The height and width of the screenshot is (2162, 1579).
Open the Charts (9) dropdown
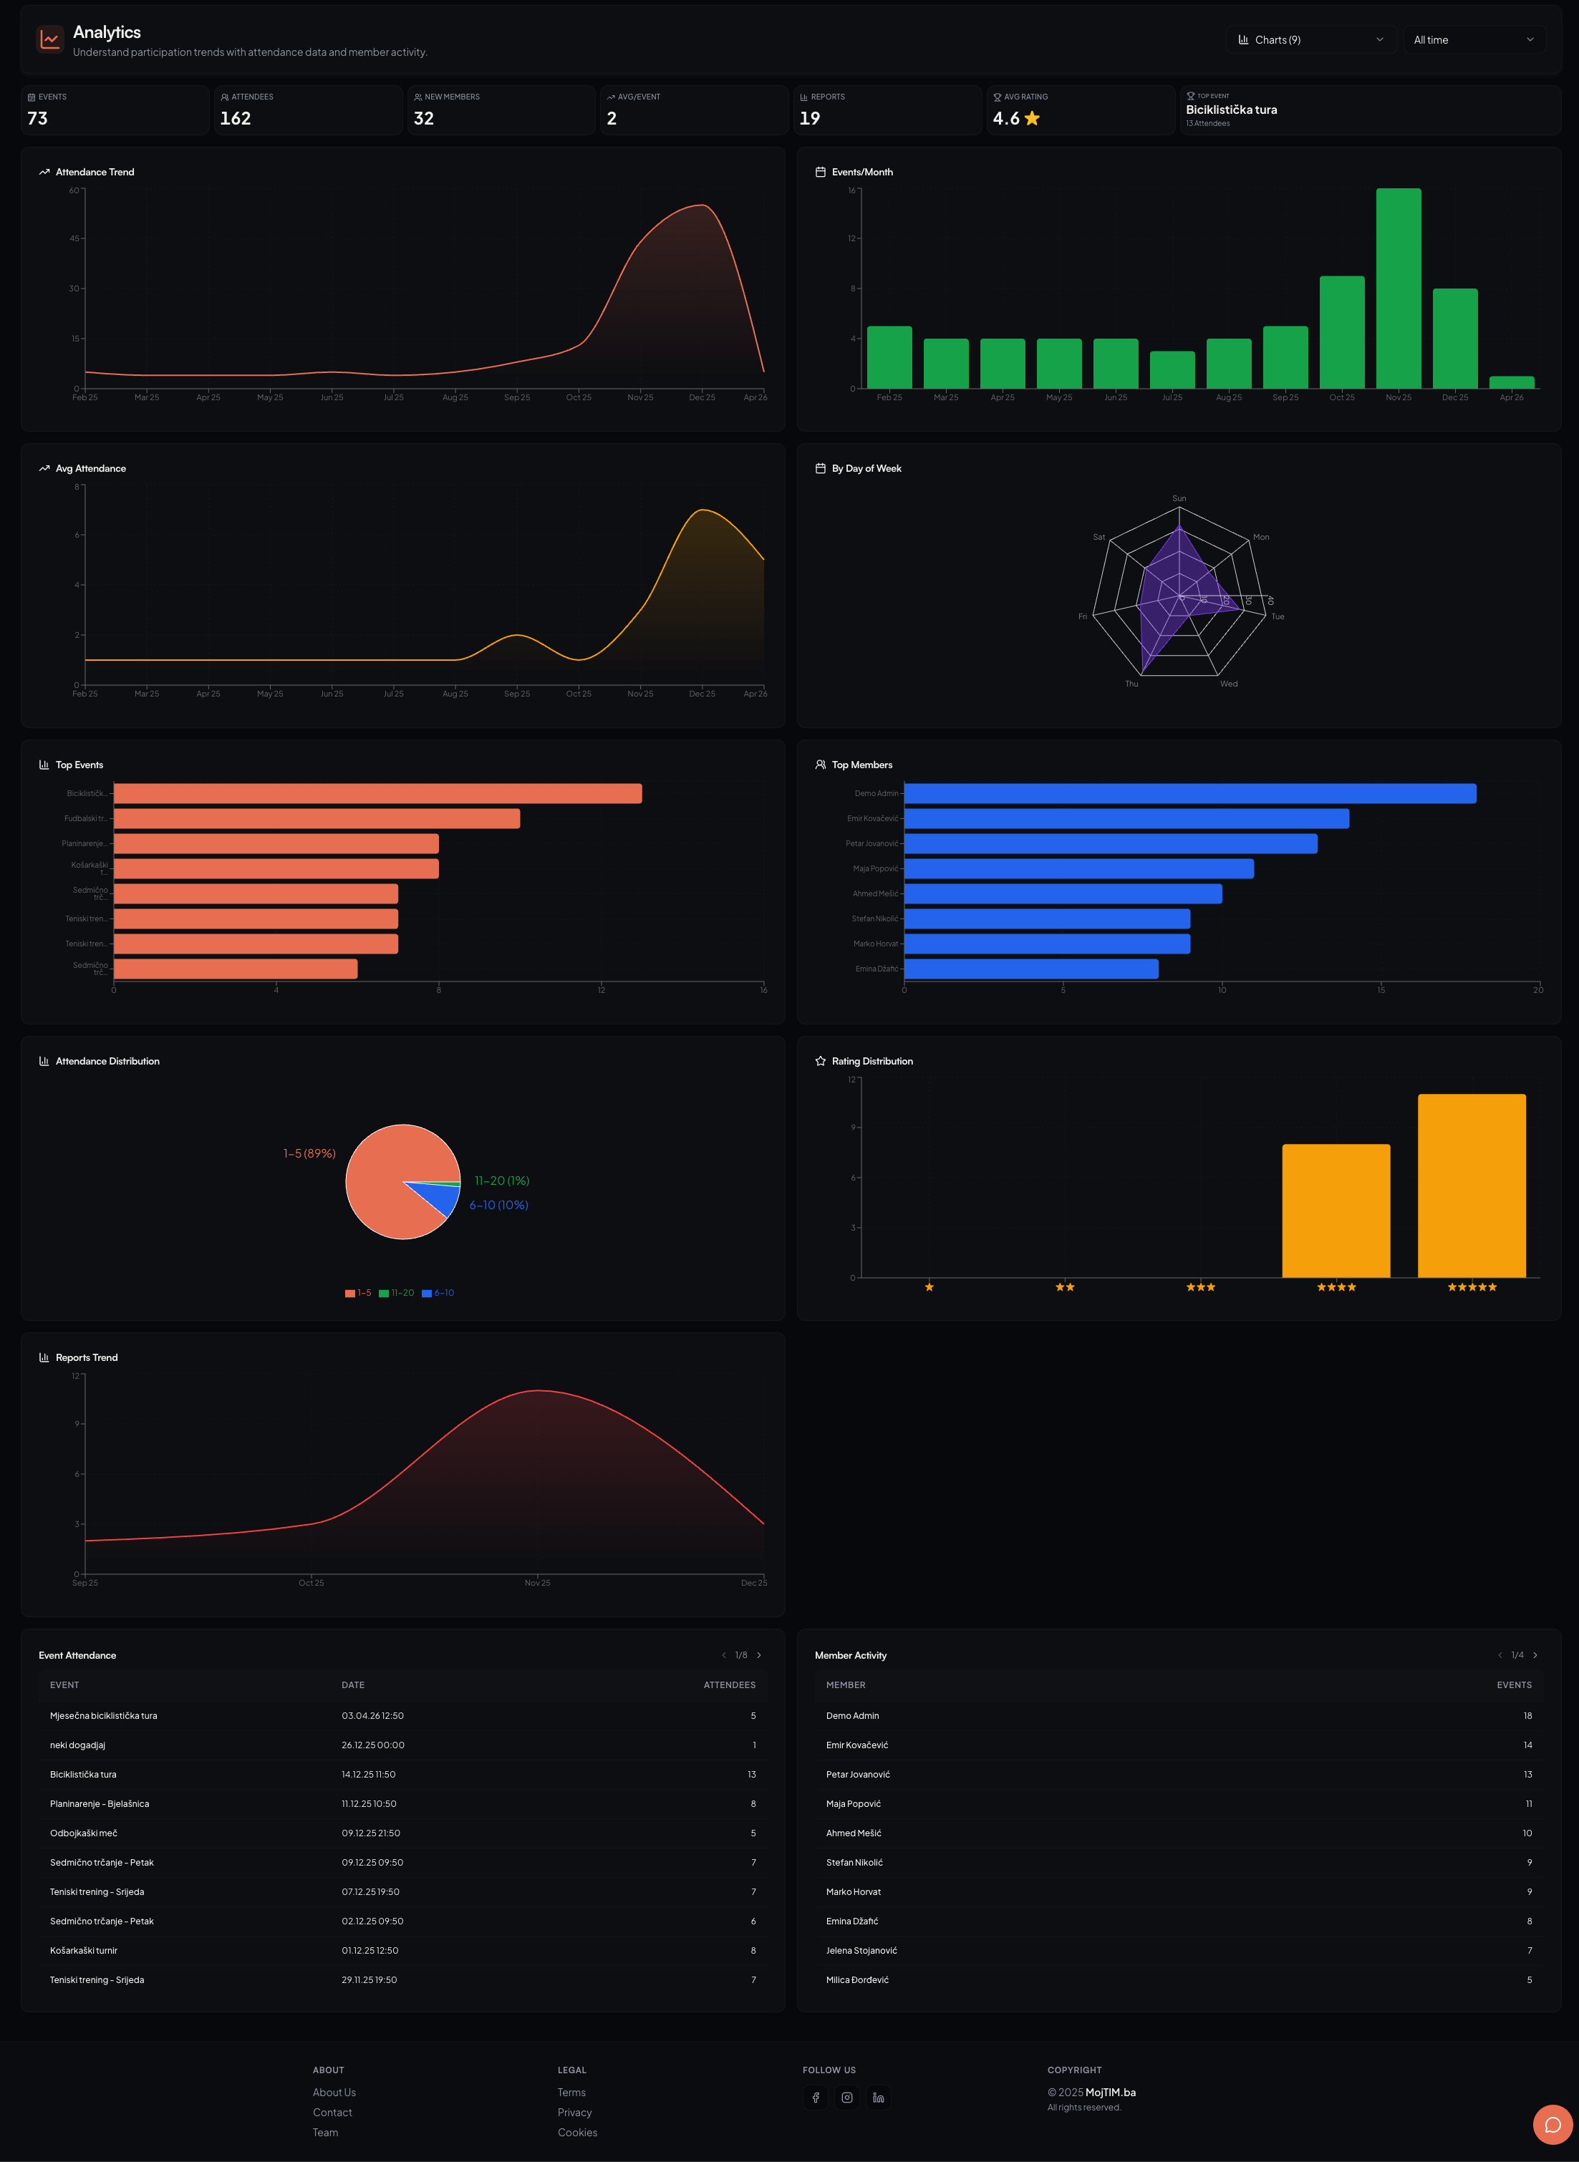[1310, 40]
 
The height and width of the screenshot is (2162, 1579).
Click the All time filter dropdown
[1473, 40]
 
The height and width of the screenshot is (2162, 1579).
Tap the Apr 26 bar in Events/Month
[1511, 382]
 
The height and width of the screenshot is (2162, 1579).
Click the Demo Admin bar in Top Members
[1189, 794]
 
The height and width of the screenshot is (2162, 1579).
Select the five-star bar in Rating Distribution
[1471, 1186]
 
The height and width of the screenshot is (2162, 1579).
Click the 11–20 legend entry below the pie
[397, 1293]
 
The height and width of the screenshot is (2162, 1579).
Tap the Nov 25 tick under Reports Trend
[537, 1583]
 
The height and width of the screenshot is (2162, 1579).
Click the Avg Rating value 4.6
[1006, 118]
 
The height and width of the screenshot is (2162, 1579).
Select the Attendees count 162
[235, 118]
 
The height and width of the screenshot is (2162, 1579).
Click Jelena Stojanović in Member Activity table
[861, 1951]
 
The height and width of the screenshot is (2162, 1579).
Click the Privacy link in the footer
[574, 2113]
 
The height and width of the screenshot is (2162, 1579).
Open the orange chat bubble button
[1553, 2125]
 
